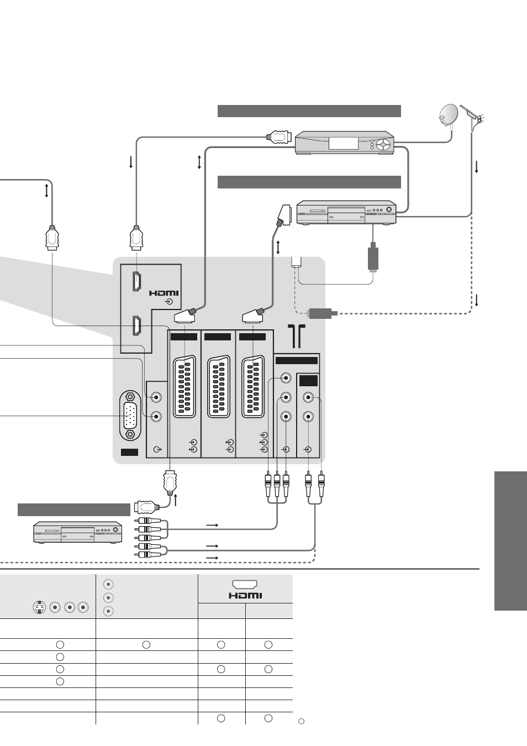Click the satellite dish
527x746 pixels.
(x=448, y=117)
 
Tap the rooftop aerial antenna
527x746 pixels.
(x=473, y=115)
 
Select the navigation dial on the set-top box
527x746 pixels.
(x=383, y=145)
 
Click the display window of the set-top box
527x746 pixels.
(x=343, y=143)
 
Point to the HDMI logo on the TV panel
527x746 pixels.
(x=164, y=293)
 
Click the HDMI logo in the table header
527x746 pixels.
(x=245, y=595)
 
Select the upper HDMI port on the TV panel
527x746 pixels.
(x=136, y=281)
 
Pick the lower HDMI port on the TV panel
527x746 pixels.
(x=136, y=325)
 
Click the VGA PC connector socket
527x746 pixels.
(x=130, y=416)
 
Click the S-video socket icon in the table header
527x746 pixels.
(x=39, y=607)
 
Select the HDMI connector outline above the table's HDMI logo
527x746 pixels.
(x=245, y=585)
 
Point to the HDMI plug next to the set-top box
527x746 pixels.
(x=279, y=137)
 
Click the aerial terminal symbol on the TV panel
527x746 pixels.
(x=296, y=337)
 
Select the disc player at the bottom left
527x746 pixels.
(x=77, y=532)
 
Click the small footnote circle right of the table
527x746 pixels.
(x=301, y=721)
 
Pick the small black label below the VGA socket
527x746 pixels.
(x=129, y=452)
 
